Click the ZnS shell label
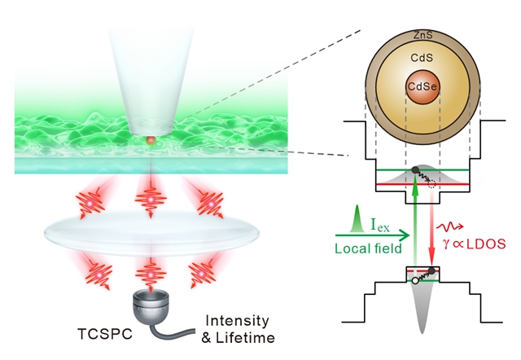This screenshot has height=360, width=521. [423, 35]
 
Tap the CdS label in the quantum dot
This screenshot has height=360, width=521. [422, 58]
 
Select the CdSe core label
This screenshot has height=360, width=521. [422, 87]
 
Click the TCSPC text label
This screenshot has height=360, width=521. [105, 334]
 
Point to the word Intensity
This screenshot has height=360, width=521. [237, 321]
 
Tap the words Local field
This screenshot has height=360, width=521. [368, 248]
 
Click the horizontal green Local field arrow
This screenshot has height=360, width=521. [372, 235]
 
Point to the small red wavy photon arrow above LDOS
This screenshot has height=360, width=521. [450, 227]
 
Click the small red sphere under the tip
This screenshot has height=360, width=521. [151, 140]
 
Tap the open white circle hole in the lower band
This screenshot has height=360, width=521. [414, 281]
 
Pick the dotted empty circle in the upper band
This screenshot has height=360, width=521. [431, 184]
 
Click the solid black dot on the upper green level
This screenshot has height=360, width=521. [414, 170]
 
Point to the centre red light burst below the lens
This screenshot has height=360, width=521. [151, 275]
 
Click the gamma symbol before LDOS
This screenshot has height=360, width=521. [446, 245]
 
